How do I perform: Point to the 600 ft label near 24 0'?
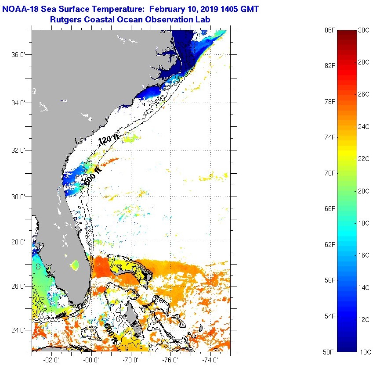[x=110, y=333]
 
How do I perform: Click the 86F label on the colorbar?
[x=330, y=30]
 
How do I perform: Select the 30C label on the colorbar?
[x=364, y=30]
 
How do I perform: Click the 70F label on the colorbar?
[x=330, y=173]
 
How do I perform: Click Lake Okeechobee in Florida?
[x=75, y=265]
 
